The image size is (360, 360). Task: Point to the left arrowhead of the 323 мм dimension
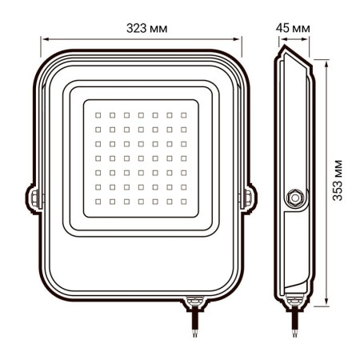pos(45,38)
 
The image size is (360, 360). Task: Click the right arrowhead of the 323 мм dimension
pos(239,38)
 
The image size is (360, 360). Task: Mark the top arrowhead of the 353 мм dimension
pos(327,61)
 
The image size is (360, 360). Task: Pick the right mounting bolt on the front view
pos(249,196)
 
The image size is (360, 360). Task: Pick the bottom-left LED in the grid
pos(98,200)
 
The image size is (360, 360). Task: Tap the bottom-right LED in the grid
pos(184,200)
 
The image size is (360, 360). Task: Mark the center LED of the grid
pos(141,158)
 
